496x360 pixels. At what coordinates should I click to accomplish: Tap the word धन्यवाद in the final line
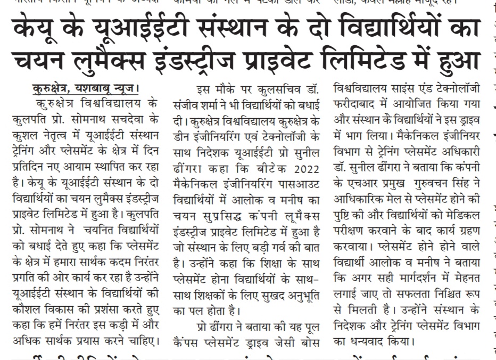(x=372, y=341)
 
